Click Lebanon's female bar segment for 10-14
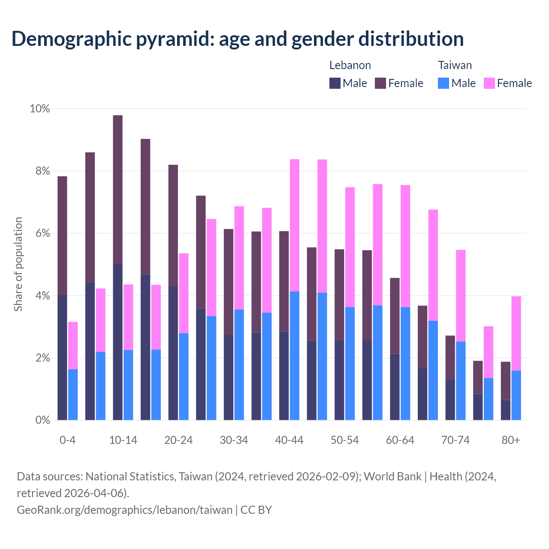tap(118, 190)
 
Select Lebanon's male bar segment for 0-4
tap(62, 357)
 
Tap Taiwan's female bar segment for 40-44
tap(295, 225)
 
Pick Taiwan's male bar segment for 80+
tap(516, 395)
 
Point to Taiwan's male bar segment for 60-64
tap(405, 363)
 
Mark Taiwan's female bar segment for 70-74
tap(461, 296)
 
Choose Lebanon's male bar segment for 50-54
tap(339, 380)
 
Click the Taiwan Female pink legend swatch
tap(489, 83)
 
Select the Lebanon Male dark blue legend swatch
tap(335, 83)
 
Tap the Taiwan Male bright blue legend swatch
tap(443, 83)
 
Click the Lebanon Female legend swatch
tap(380, 83)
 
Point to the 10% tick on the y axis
tap(39, 109)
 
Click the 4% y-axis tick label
tap(42, 296)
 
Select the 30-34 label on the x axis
tap(234, 440)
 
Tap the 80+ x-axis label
tap(511, 440)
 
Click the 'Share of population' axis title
tap(18, 264)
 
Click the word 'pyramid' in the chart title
tap(174, 39)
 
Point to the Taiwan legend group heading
tap(455, 65)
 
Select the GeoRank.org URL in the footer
tap(124, 510)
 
